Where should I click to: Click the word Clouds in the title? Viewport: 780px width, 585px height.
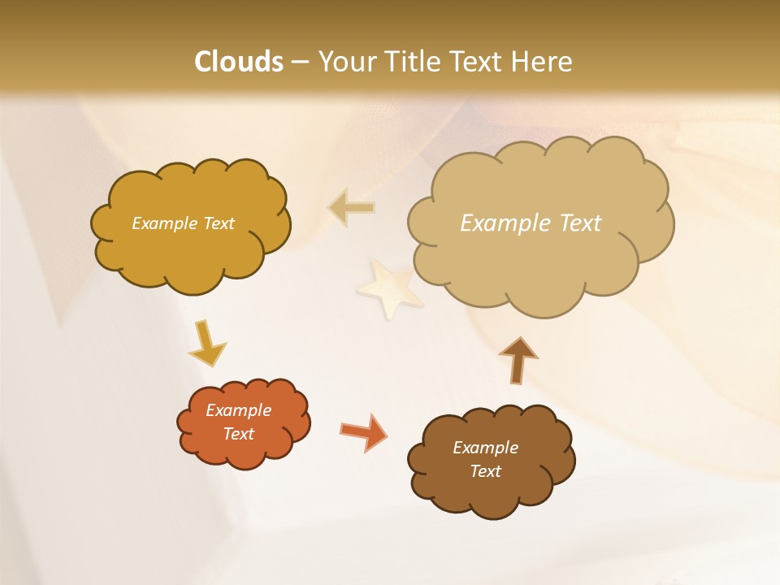pos(239,61)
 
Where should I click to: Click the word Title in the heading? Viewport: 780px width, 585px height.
pos(411,61)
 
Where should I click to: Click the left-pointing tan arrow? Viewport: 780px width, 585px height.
pos(352,208)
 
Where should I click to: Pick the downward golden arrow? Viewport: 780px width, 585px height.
pos(206,343)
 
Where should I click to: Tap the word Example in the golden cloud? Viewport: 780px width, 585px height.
pos(162,223)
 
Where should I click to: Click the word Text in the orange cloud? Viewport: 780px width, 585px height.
pos(239,434)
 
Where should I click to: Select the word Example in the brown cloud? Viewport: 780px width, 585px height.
pos(485,448)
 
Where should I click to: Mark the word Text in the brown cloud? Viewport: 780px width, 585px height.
pos(485,471)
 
